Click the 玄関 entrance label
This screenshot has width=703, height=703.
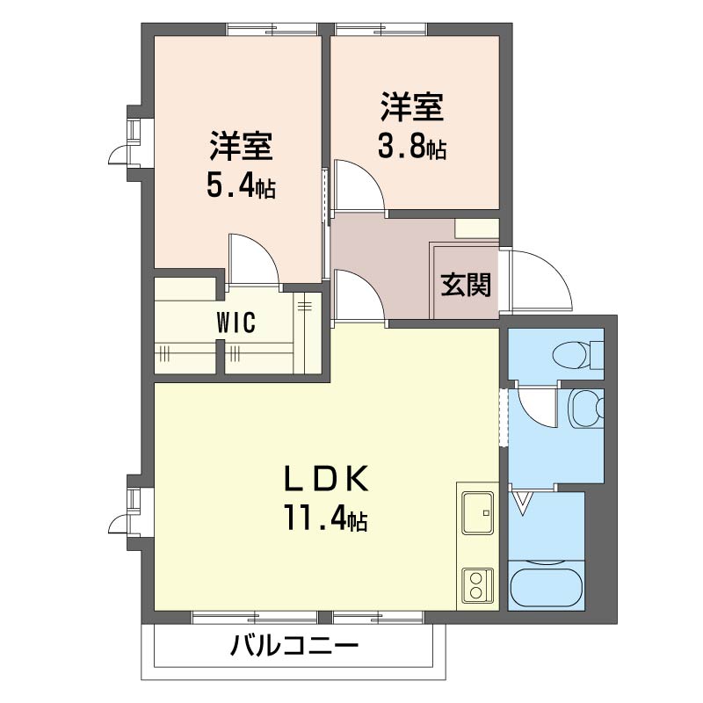click(465, 286)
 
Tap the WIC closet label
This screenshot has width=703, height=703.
click(236, 323)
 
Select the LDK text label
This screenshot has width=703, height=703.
click(324, 479)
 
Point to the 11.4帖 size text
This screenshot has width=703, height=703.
click(324, 519)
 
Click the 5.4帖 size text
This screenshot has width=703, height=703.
click(240, 185)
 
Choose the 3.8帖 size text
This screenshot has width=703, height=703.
click(411, 146)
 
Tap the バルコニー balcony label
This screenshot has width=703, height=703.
click(294, 649)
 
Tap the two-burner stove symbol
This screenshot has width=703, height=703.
click(478, 584)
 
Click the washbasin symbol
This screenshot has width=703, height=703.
click(584, 409)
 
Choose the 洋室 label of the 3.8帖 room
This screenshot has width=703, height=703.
click(411, 107)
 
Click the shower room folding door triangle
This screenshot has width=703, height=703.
click(525, 504)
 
